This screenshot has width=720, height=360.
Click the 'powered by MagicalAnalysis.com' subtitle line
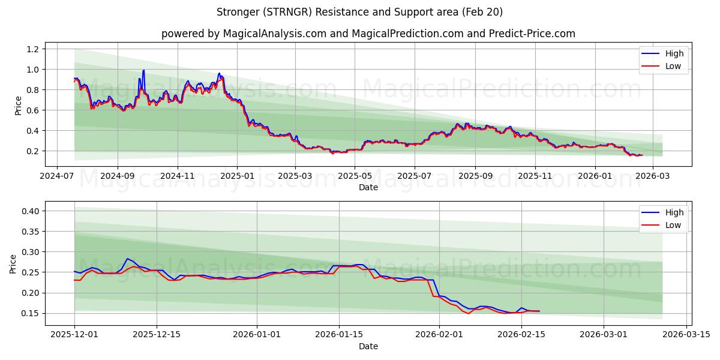tap(368, 34)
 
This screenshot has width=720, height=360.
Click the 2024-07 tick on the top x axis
tap(57, 176)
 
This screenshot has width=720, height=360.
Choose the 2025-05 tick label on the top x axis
tap(354, 176)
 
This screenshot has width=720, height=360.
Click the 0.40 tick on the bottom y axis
tap(31, 211)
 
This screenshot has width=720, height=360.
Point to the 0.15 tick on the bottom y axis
tap(31, 313)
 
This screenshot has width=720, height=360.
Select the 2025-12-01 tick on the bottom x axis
tap(74, 335)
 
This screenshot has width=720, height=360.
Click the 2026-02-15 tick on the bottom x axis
tap(521, 335)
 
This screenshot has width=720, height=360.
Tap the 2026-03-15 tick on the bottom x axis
tap(685, 335)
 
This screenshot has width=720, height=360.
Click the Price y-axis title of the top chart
tap(18, 106)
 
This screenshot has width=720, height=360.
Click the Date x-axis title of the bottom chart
tap(368, 346)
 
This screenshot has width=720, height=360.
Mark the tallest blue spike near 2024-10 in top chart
tap(143, 70)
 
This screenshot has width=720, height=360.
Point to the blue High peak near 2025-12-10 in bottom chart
tap(127, 259)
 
